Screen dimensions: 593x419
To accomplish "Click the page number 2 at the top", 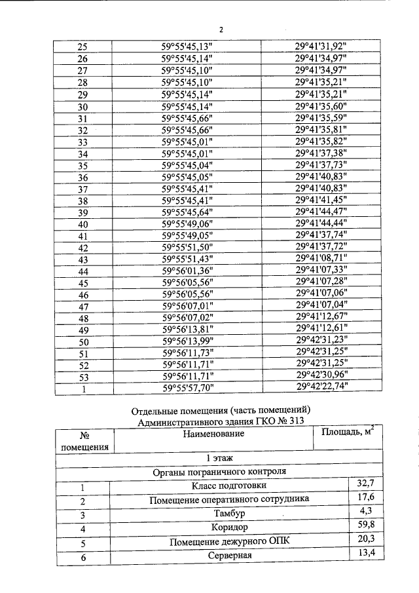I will [x=221, y=29].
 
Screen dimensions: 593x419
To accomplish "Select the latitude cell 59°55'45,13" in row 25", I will [x=187, y=47].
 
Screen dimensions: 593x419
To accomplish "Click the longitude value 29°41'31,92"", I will [x=321, y=47].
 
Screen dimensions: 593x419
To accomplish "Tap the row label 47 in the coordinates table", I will [x=83, y=307].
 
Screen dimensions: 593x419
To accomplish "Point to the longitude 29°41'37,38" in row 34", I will [x=321, y=153].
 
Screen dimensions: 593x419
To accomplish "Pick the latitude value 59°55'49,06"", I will [x=187, y=224].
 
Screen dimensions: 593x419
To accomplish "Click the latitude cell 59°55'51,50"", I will [x=187, y=248].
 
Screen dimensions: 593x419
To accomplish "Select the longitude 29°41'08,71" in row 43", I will [x=321, y=259].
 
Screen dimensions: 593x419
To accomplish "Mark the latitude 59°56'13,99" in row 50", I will [x=187, y=342].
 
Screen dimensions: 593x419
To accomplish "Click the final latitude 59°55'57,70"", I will [x=187, y=388].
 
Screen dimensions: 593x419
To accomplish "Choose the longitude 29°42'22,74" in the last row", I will [x=321, y=387].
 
